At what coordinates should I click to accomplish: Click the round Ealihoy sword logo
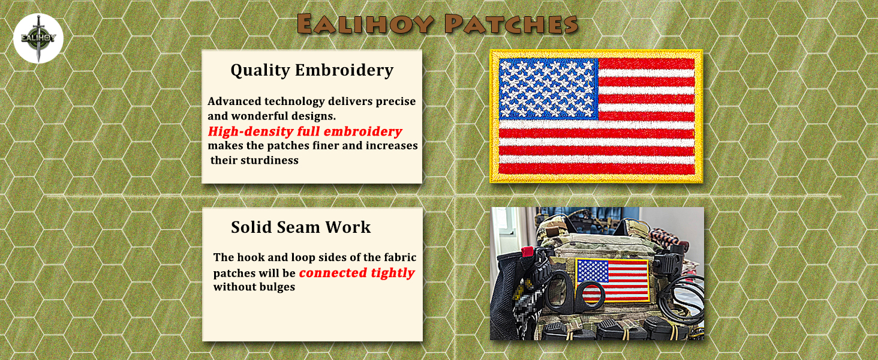click(x=38, y=38)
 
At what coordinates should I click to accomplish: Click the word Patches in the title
click(x=511, y=24)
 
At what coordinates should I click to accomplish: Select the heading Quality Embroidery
click(x=312, y=70)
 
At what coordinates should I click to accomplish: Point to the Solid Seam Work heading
click(x=300, y=227)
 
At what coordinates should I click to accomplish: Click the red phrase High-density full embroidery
click(x=305, y=131)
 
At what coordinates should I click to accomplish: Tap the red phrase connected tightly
click(x=357, y=273)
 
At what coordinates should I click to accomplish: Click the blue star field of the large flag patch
click(x=548, y=88)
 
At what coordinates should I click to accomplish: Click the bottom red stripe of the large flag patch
click(x=596, y=169)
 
